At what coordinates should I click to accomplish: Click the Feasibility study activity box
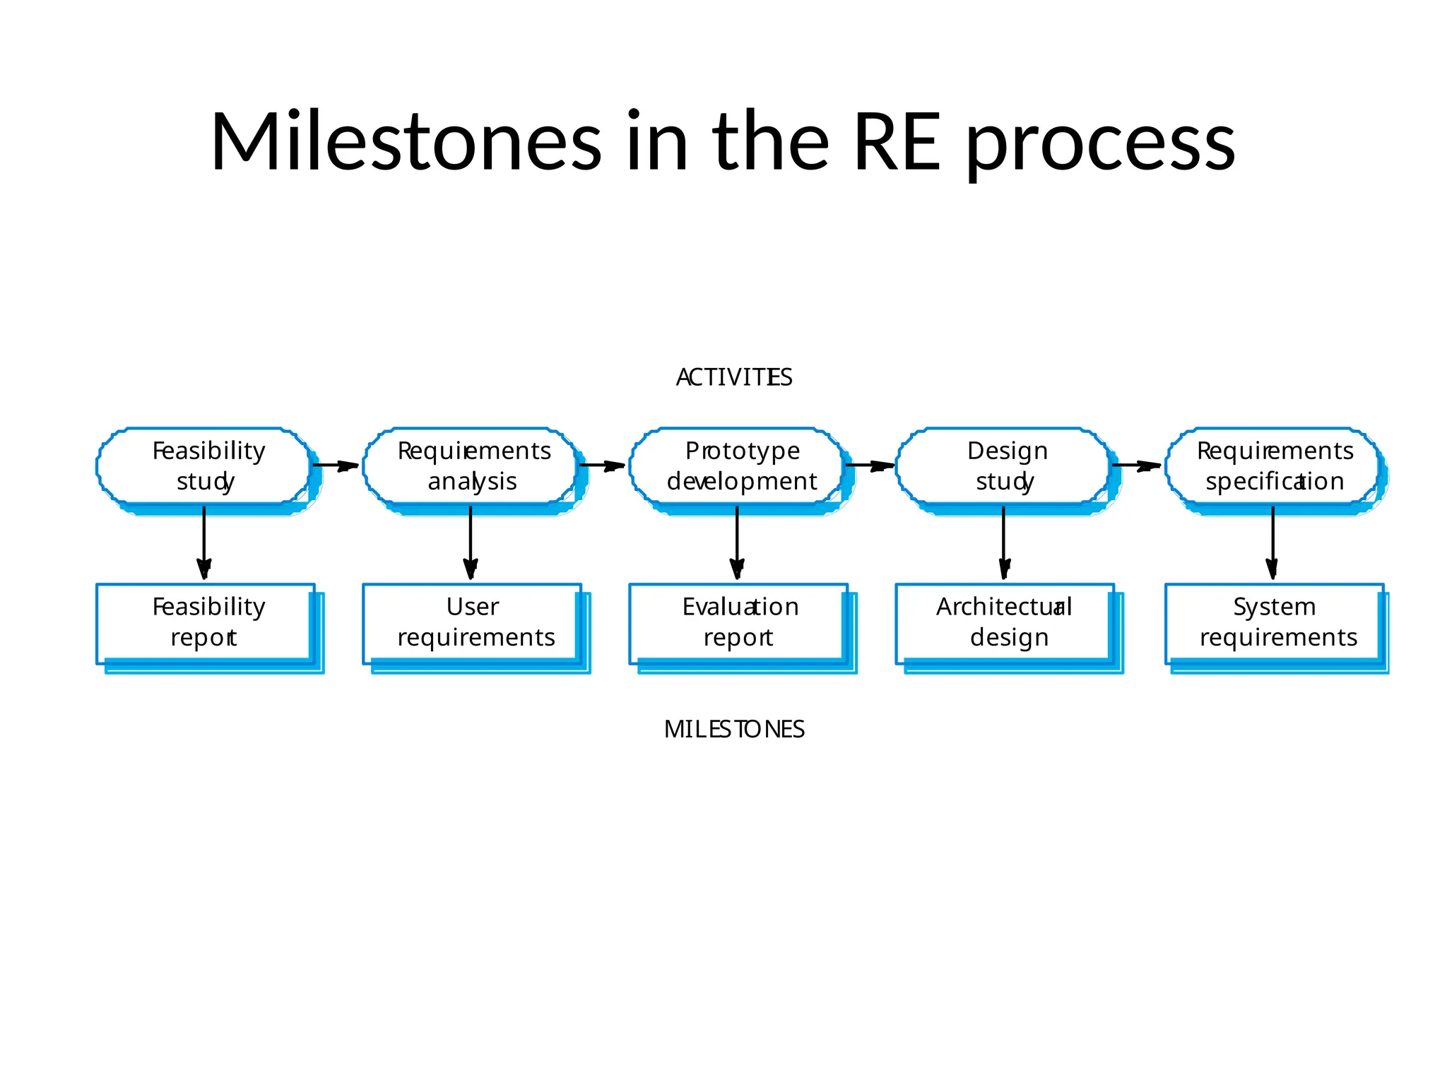tap(205, 466)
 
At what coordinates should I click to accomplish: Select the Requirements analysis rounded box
tap(472, 466)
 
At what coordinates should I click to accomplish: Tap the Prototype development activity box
tap(738, 466)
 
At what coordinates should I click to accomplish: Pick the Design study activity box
tap(1005, 466)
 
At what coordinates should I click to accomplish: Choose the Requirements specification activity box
tap(1273, 466)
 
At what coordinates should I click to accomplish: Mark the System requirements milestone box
tap(1275, 623)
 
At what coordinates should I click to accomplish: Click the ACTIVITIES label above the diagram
tap(734, 377)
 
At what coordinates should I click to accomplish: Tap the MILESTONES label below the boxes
tap(734, 729)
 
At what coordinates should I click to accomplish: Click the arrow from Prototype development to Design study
tap(870, 466)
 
